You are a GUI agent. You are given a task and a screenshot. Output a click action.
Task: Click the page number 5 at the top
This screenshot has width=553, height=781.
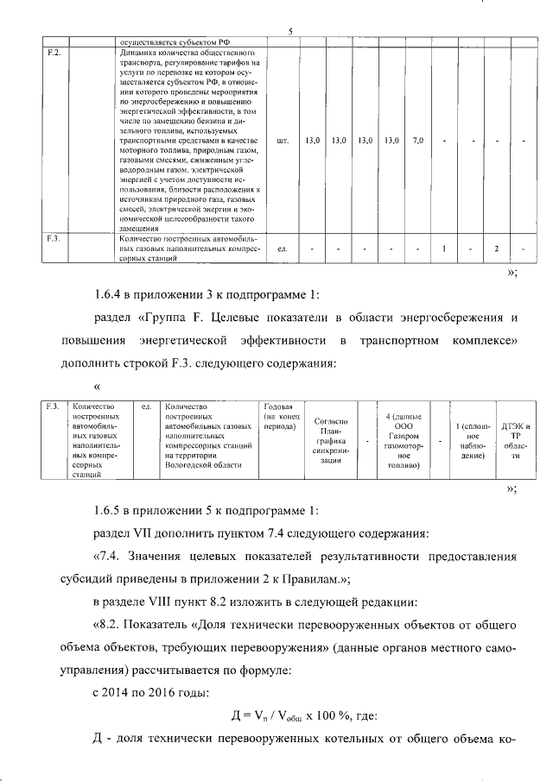point(290,33)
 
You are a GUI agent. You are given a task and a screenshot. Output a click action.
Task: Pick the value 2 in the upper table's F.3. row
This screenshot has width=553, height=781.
point(497,249)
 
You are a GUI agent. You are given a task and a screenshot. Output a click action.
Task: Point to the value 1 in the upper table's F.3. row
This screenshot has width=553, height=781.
point(442,249)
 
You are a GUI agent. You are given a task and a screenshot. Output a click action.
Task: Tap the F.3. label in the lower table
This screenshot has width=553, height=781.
point(52,406)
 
